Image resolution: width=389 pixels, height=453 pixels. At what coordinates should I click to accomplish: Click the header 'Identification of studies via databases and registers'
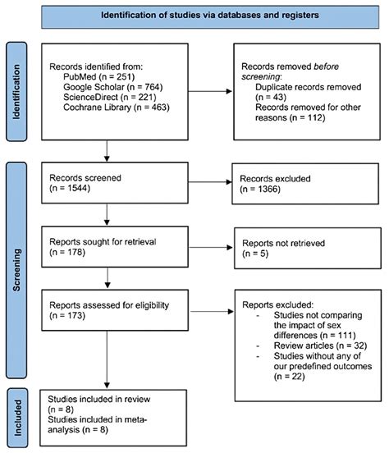211,16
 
